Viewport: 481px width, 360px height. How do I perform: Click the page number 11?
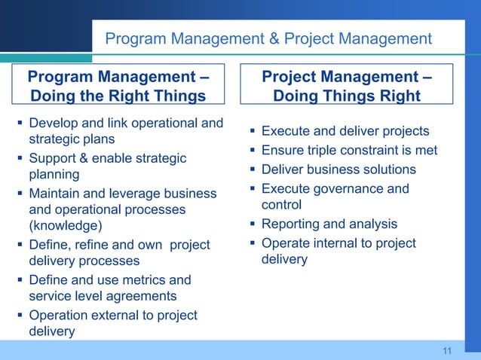[447, 351]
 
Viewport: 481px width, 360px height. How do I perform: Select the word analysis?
[369, 224]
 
